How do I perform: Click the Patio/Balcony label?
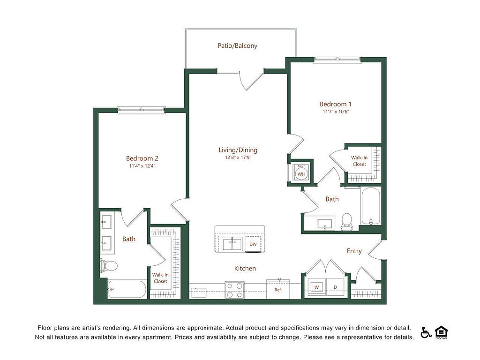(237, 45)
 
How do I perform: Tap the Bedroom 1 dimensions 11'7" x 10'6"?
(336, 112)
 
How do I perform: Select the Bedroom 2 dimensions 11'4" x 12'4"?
(142, 166)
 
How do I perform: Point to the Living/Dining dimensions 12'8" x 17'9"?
(238, 157)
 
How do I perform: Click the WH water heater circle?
(301, 174)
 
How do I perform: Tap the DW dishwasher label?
(253, 244)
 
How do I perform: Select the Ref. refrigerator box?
(278, 289)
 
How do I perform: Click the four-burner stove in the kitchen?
(235, 290)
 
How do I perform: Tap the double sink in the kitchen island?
(232, 245)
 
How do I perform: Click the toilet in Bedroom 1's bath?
(346, 222)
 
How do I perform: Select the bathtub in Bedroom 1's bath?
(371, 206)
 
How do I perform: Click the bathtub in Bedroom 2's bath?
(127, 289)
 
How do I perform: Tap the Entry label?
(354, 251)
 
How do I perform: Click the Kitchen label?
(245, 269)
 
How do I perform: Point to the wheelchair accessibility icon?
(426, 333)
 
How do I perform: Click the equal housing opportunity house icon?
(441, 333)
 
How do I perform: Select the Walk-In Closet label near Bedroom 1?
(360, 161)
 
